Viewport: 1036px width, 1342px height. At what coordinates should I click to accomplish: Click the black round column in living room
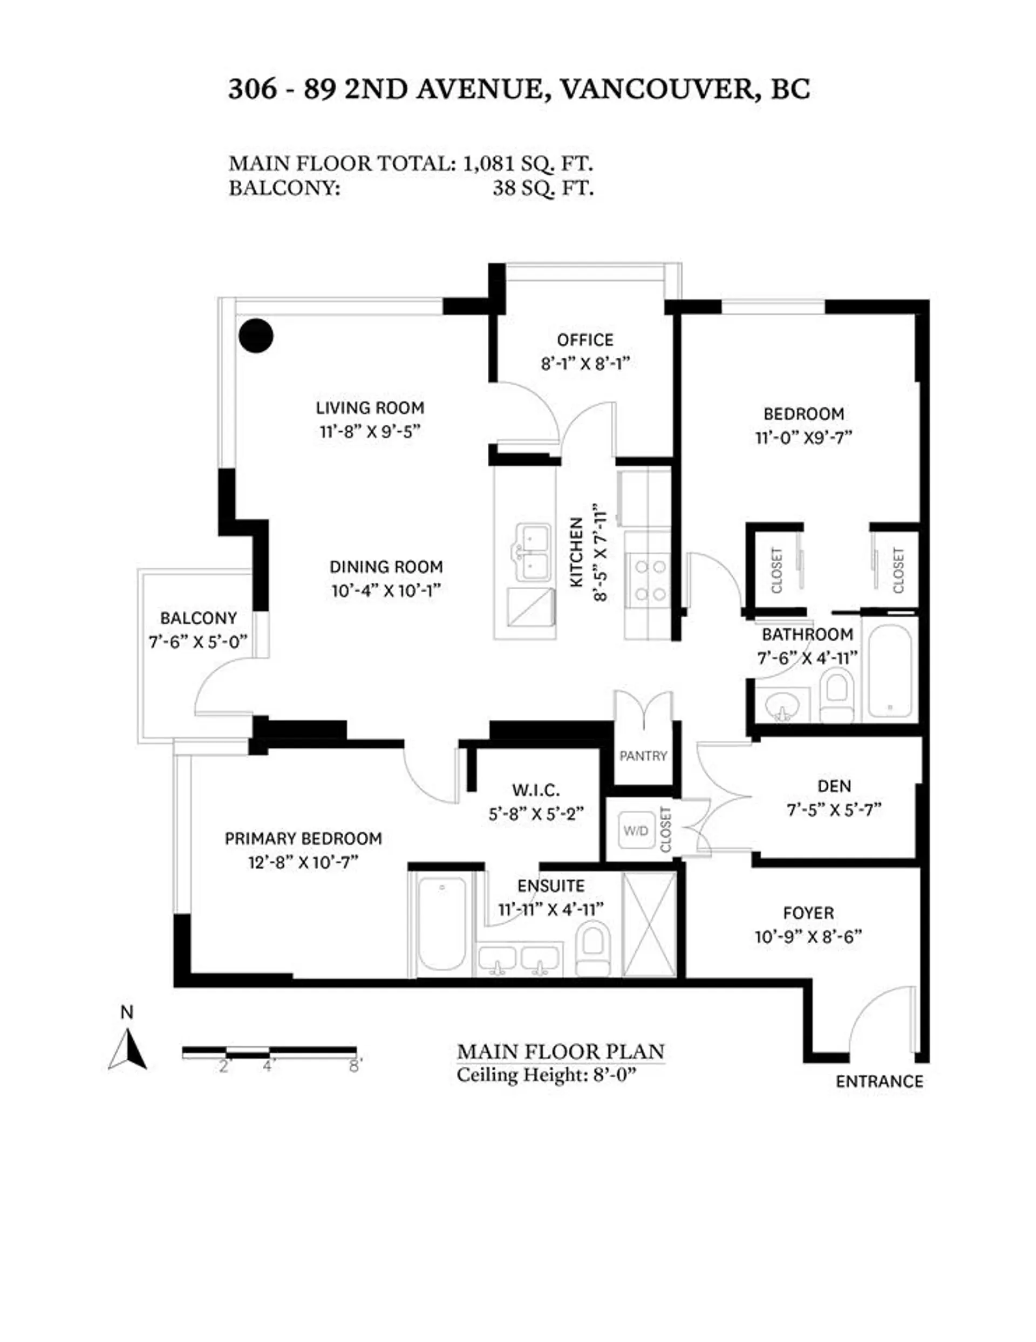[x=256, y=336]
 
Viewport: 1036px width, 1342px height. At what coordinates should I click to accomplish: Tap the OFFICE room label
[x=585, y=340]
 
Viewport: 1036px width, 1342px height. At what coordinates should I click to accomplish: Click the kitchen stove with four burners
[x=650, y=580]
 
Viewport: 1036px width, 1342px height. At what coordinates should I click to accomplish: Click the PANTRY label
[x=643, y=756]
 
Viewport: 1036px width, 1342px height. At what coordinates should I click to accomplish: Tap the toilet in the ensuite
[x=592, y=947]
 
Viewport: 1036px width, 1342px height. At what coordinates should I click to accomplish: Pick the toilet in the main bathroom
[x=837, y=697]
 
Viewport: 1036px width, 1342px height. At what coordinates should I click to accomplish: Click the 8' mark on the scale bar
[x=355, y=1067]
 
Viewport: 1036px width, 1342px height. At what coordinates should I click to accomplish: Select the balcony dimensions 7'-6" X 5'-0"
[x=198, y=642]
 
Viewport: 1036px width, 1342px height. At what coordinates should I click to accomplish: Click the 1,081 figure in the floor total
[x=486, y=164]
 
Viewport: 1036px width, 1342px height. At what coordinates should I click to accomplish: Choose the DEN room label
[x=834, y=786]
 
